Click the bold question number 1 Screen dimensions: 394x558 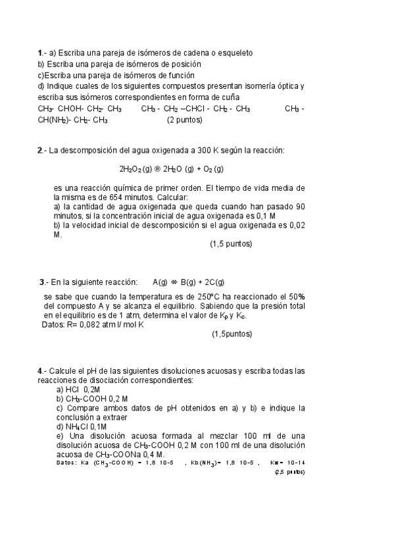click(x=40, y=53)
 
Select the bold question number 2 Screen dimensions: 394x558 click(x=39, y=151)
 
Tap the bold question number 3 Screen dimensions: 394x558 click(x=42, y=282)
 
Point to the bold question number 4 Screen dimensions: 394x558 click(x=39, y=371)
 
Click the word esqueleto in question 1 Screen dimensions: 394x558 click(x=235, y=53)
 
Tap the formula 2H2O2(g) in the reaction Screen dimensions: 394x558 click(x=136, y=168)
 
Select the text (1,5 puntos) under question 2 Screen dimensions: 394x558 click(x=231, y=244)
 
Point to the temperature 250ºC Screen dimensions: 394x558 click(x=212, y=297)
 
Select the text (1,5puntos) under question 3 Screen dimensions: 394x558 click(x=232, y=334)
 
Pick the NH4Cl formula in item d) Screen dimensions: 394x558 click(x=76, y=426)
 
